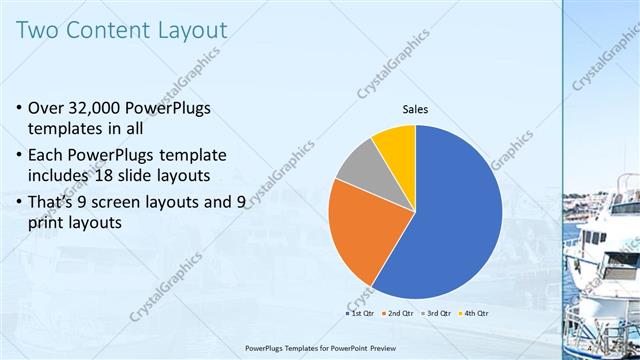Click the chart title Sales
pyautogui.click(x=416, y=109)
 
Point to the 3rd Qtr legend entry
pyautogui.click(x=436, y=314)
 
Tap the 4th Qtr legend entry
pyautogui.click(x=474, y=314)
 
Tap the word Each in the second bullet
pyautogui.click(x=50, y=156)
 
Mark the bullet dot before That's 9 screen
pyautogui.click(x=21, y=204)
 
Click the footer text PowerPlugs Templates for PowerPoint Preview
pyautogui.click(x=320, y=348)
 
